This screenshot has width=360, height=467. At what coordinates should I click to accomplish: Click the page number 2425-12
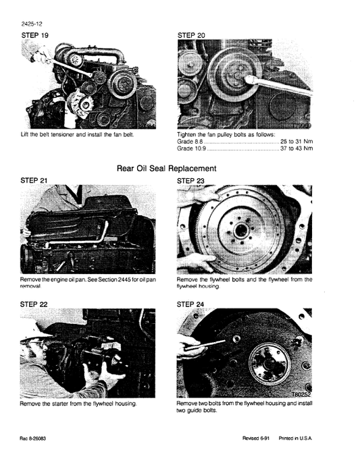pos(32,24)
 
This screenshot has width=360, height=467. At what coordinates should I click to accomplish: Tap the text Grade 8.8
pos(189,142)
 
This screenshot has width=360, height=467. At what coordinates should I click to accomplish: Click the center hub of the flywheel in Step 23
pos(238,230)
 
